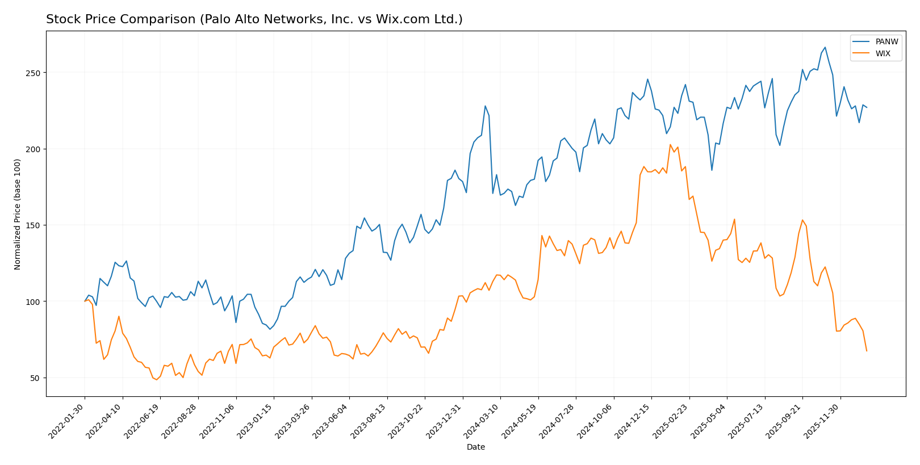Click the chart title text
click(254, 19)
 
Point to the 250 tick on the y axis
click(33, 73)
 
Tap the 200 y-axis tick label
click(33, 149)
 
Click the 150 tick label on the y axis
click(33, 225)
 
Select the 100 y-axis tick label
click(33, 301)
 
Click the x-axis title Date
click(476, 447)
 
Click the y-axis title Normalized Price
click(18, 215)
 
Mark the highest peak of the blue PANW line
click(825, 48)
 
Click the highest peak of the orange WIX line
click(670, 145)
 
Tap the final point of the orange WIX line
click(867, 351)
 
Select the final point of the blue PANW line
click(867, 107)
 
